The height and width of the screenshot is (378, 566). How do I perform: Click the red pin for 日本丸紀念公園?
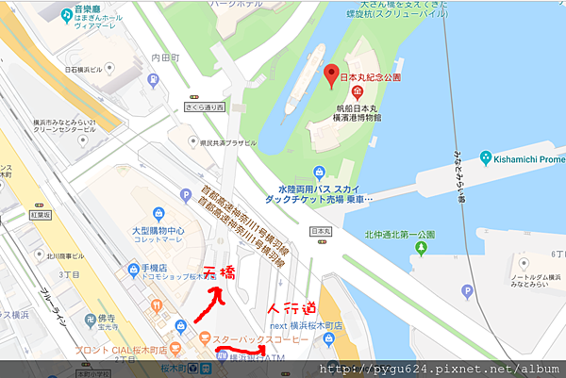(331, 75)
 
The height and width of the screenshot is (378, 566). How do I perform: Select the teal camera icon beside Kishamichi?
(486, 157)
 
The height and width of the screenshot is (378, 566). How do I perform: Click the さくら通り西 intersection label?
(206, 107)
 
